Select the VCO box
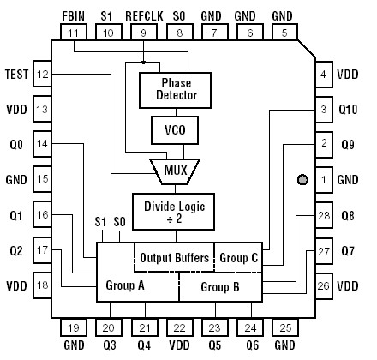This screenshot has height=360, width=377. click(173, 130)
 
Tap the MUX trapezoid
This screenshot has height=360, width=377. click(174, 168)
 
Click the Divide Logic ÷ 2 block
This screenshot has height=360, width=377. click(174, 207)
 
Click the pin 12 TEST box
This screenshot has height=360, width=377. click(42, 75)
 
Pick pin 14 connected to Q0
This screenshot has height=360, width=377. click(42, 146)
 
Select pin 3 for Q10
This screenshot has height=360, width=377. click(323, 110)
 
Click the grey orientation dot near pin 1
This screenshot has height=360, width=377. click(302, 180)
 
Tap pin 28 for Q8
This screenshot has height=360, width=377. click(323, 216)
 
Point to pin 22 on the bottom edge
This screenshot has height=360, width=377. click(178, 327)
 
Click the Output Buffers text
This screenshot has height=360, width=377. click(176, 256)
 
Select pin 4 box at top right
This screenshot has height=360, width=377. click(323, 75)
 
